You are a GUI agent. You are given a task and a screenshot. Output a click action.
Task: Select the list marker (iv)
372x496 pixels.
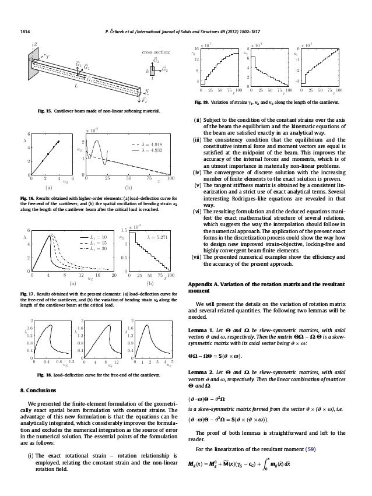tap(199, 185)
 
